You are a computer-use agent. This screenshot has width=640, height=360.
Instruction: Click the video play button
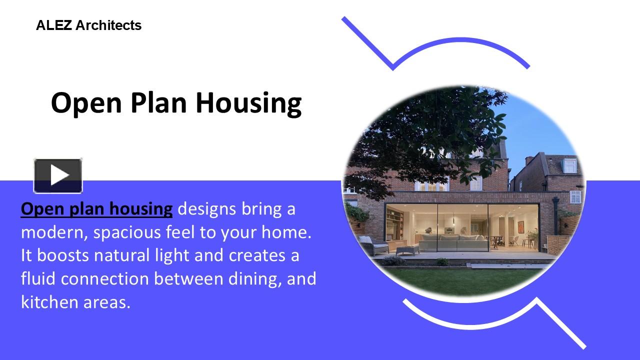pyautogui.click(x=58, y=175)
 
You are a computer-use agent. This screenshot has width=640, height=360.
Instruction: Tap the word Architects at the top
pyautogui.click(x=108, y=25)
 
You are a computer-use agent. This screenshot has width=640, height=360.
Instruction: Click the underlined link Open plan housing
pyautogui.click(x=96, y=208)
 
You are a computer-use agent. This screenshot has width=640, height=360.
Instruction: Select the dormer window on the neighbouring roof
pyautogui.click(x=570, y=165)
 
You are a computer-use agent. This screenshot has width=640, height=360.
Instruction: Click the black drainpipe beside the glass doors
pyautogui.click(x=555, y=220)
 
